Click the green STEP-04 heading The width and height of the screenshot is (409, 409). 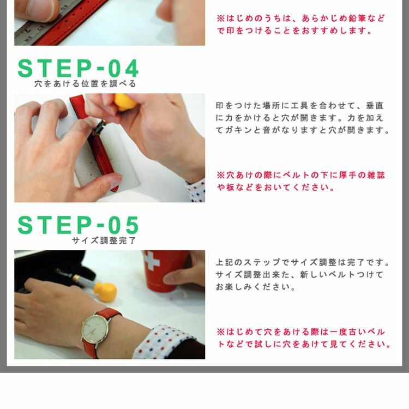[78, 68]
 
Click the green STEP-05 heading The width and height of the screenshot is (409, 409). [78, 225]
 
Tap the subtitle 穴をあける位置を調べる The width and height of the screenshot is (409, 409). [85, 84]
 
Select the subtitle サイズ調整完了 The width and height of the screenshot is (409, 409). [104, 240]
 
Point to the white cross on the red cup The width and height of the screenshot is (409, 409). [152, 260]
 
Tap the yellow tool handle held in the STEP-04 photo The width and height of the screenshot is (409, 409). [125, 102]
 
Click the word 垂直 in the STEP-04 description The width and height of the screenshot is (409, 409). [375, 106]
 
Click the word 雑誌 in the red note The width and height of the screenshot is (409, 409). [376, 175]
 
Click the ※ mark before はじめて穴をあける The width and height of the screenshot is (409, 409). [221, 332]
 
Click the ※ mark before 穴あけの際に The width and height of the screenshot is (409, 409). [221, 175]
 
